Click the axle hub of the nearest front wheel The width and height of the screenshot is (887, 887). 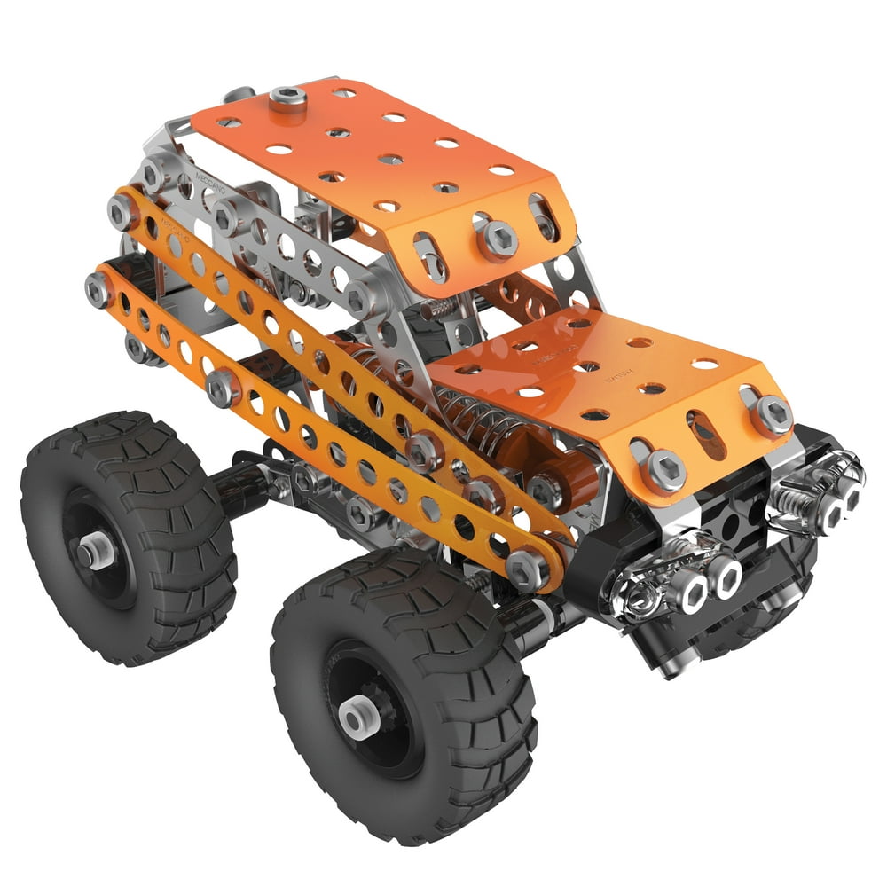(357, 718)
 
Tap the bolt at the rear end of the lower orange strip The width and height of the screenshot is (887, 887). (98, 289)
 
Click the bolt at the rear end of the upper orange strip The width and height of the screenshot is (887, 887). (121, 211)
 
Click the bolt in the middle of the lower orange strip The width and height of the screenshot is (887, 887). (223, 388)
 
